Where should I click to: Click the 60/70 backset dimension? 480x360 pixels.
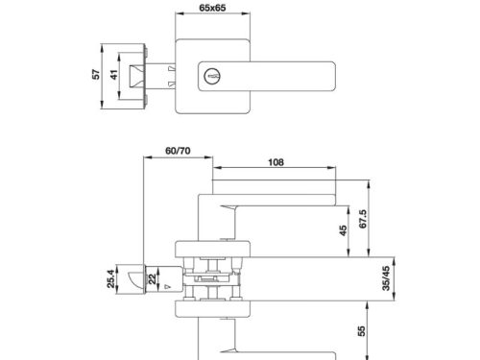[177, 151]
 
